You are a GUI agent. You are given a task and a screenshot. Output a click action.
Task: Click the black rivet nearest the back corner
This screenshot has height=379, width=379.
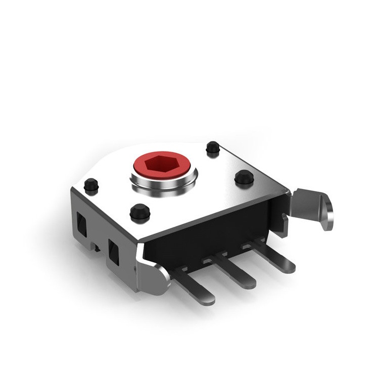[212, 148]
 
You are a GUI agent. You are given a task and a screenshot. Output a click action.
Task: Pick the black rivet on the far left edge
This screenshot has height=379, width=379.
[91, 185]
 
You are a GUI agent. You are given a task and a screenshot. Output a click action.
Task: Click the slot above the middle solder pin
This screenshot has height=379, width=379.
[208, 260]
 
